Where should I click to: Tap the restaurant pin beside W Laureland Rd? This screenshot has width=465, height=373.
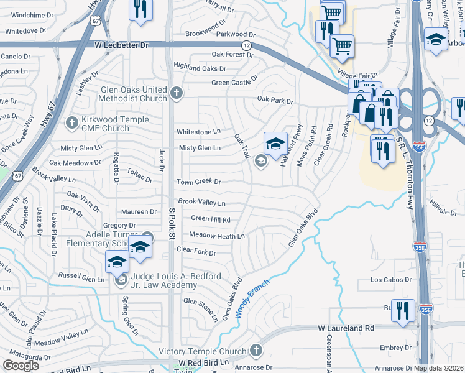click(x=403, y=310)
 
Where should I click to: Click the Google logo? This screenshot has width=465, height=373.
click(x=21, y=366)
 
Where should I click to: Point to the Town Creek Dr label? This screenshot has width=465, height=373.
click(x=198, y=182)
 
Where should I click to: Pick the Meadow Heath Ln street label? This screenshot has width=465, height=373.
click(x=217, y=236)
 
